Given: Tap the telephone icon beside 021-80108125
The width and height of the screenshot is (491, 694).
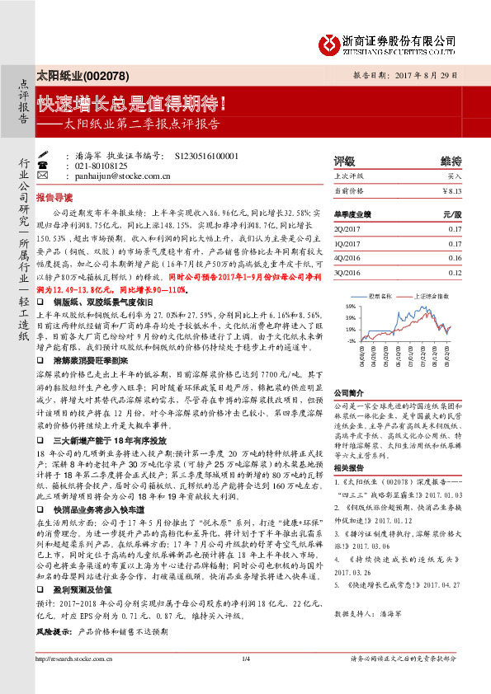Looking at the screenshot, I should point(43,165).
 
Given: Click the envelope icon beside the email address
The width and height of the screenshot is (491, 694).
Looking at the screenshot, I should point(43,176).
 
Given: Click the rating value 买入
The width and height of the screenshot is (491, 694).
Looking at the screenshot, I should point(455,176).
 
